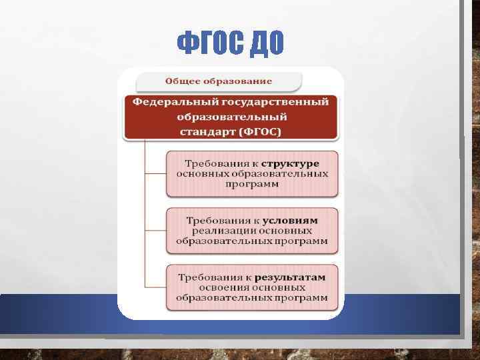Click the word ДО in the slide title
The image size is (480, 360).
click(267, 43)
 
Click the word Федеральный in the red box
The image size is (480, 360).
click(166, 103)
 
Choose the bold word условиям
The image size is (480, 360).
click(289, 220)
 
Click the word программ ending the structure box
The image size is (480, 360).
click(252, 185)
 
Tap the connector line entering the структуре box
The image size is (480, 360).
click(155, 173)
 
